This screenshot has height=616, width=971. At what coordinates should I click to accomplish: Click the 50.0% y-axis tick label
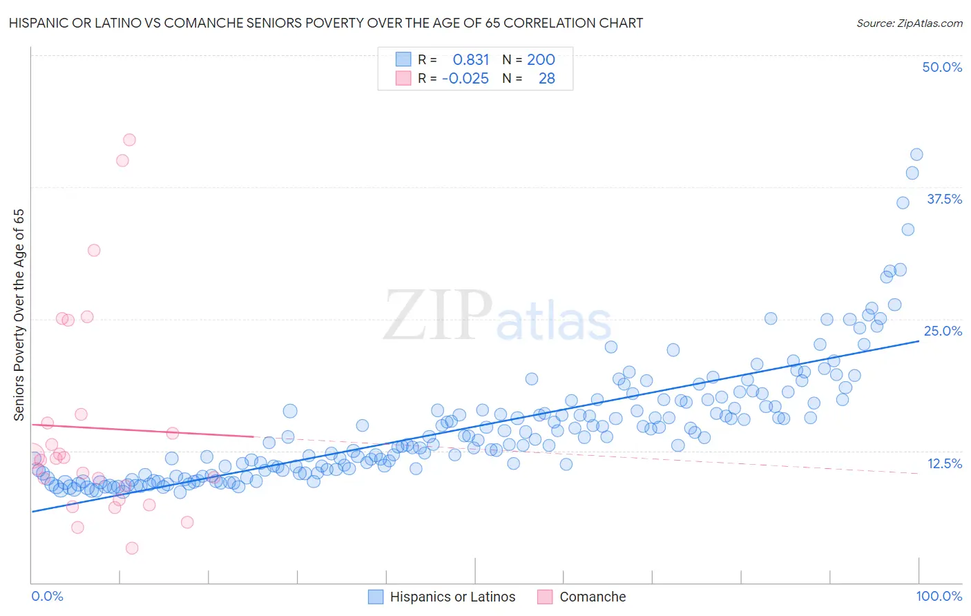[942, 67]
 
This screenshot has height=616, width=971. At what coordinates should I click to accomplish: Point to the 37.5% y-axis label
[943, 199]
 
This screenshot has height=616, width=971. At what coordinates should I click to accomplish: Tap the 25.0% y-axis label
[943, 331]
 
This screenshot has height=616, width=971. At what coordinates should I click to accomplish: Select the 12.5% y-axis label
[944, 463]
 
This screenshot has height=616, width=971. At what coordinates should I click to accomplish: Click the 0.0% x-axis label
[47, 596]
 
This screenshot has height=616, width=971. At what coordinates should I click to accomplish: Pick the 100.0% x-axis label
[939, 596]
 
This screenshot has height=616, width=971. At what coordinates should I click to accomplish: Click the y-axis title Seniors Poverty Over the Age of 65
[19, 314]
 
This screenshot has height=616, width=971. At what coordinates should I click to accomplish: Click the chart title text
[326, 23]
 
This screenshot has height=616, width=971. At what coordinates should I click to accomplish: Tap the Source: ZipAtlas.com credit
[909, 23]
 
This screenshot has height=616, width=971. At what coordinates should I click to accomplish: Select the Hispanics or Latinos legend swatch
[376, 597]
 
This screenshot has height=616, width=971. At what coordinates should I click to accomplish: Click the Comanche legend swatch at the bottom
[545, 597]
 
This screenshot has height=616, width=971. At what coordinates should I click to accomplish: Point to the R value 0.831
[470, 59]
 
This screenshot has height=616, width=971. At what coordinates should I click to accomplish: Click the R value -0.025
[465, 78]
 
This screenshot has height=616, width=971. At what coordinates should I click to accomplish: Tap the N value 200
[541, 59]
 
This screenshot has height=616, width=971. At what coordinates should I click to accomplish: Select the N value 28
[546, 78]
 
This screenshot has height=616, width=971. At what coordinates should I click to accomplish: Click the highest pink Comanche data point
[129, 139]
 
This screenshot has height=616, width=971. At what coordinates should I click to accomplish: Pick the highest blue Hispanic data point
[916, 155]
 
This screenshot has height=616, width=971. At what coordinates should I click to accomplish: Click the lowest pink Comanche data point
[132, 548]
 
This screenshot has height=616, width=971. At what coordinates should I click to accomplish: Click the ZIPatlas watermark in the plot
[497, 316]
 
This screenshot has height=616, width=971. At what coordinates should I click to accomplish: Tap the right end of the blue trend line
[919, 341]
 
